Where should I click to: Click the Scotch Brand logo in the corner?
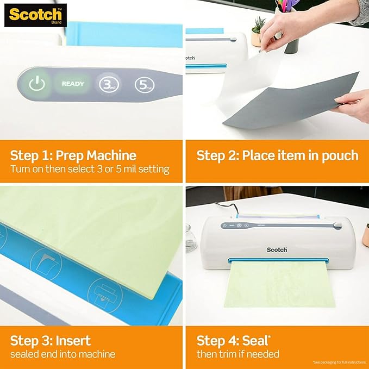coord(35,15)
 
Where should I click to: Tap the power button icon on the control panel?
coord(36,84)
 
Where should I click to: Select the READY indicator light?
coord(72,84)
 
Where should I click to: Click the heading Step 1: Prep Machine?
coord(73,155)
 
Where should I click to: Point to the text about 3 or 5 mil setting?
coord(90,170)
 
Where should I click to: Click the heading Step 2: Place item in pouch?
coord(277,155)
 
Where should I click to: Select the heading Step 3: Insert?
coord(51,341)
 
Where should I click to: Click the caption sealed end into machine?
coord(62,354)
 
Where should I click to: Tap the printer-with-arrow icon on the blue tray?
coord(104,293)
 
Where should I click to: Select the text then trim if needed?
coord(238,354)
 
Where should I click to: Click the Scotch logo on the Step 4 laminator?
coord(277,249)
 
